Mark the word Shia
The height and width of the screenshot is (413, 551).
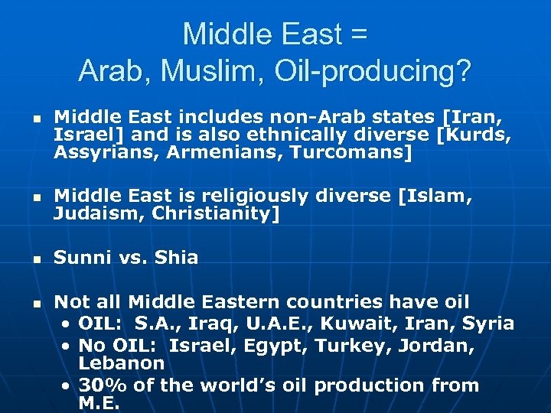(177, 258)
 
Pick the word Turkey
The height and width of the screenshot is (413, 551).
(339, 345)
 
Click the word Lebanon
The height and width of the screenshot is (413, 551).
(122, 363)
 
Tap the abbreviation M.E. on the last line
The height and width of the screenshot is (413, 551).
(99, 403)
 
